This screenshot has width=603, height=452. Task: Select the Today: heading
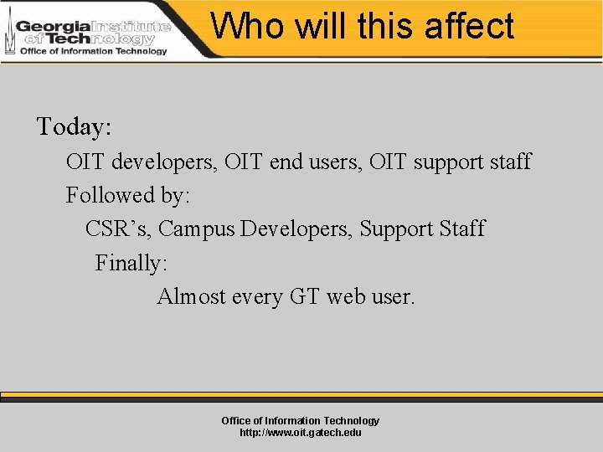point(75,127)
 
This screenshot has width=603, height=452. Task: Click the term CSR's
point(118,229)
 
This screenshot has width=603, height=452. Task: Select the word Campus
point(196,229)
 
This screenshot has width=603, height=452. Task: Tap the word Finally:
point(131,263)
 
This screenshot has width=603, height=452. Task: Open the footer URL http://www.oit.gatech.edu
point(301,433)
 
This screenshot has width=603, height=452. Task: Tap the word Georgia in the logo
point(53,26)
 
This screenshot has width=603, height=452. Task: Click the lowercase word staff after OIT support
point(507,162)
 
